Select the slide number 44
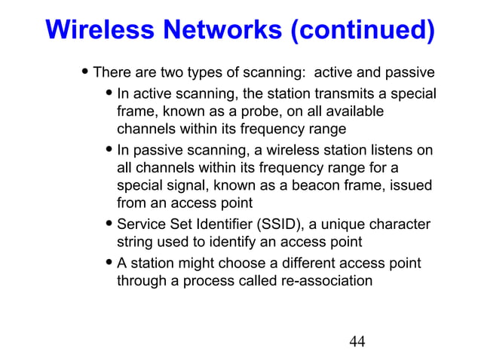click(x=357, y=342)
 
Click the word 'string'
click(x=133, y=242)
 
